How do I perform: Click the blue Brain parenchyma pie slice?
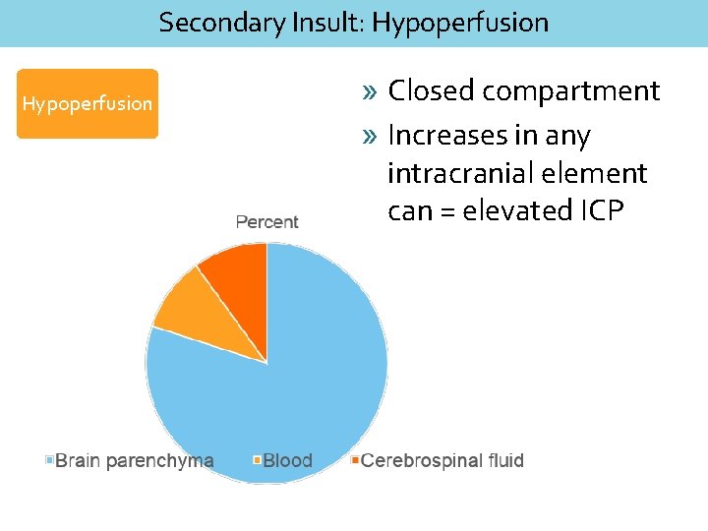click(285, 393)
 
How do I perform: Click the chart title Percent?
click(266, 222)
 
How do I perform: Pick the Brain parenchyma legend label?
click(134, 460)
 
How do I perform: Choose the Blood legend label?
click(287, 460)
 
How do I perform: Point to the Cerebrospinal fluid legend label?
click(442, 460)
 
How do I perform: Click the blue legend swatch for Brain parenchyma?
click(49, 460)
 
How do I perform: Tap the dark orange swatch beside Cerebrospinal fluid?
click(355, 460)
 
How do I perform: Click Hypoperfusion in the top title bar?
click(460, 22)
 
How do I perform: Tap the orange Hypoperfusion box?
click(88, 103)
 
